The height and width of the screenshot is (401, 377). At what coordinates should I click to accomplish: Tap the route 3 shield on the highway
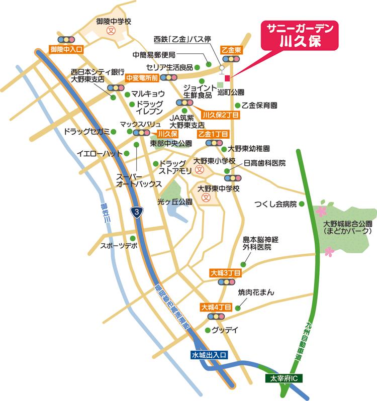[136, 212]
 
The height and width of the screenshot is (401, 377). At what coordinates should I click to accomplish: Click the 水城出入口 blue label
[209, 355]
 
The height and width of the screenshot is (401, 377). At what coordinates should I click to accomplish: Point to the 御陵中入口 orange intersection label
[66, 49]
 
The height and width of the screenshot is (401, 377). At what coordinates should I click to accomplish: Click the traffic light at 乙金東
[232, 59]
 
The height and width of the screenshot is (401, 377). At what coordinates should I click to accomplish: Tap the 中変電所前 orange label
[142, 78]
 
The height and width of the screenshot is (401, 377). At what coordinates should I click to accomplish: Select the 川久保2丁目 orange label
[217, 115]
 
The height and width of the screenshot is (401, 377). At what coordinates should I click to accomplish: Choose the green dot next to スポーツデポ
[133, 238]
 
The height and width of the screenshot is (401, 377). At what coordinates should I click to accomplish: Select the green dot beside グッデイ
[207, 330]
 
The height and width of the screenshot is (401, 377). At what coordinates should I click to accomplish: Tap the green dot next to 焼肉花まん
[238, 304]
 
